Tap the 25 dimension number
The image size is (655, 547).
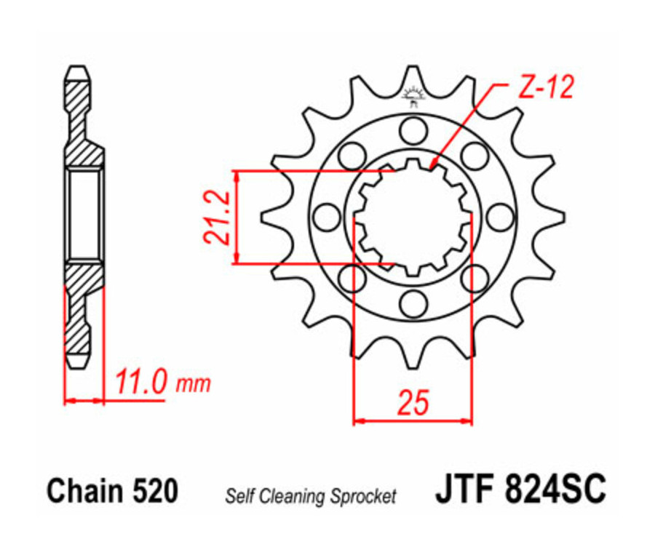[413, 402]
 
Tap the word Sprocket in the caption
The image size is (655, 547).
[364, 497]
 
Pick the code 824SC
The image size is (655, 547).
[553, 490]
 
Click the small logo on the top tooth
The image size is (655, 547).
[413, 95]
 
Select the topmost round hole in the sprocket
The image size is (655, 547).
[413, 131]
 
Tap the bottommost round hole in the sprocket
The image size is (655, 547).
[413, 303]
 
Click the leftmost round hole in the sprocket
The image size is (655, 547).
[327, 217]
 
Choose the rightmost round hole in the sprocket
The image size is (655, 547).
[499, 217]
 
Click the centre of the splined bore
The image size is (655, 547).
[413, 217]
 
